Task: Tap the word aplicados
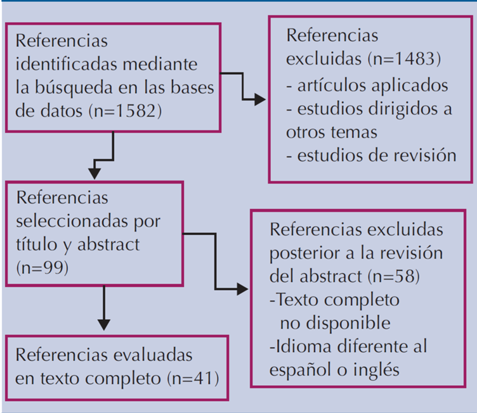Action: [411, 84]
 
